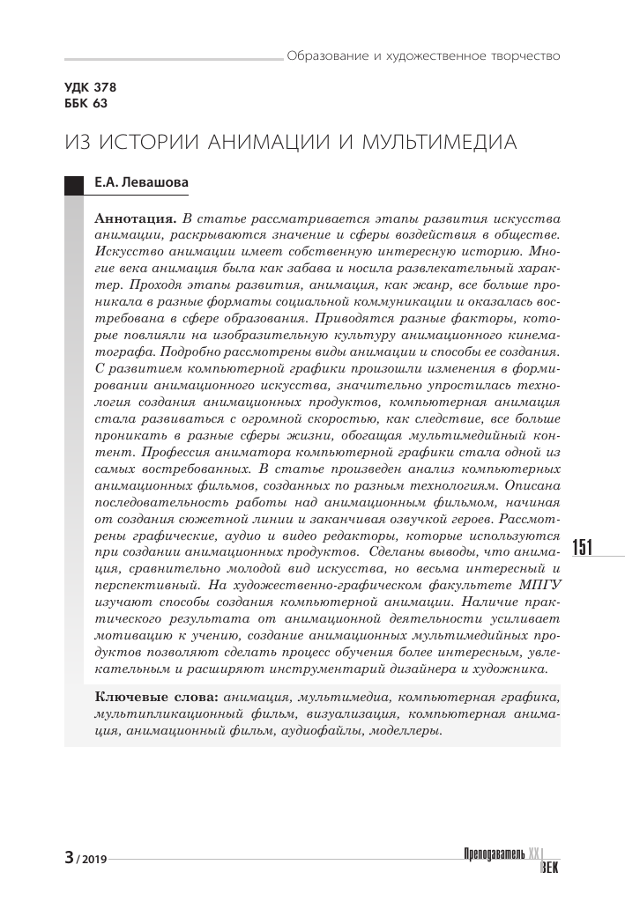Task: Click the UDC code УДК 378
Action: pyautogui.click(x=90, y=88)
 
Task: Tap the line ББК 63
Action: pyautogui.click(x=86, y=104)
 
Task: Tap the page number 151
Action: pyautogui.click(x=584, y=548)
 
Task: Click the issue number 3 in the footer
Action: pyautogui.click(x=69, y=857)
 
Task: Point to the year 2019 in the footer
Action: pyautogui.click(x=92, y=859)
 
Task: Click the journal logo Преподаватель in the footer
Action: pyautogui.click(x=494, y=854)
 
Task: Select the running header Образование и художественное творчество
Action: pyautogui.click(x=423, y=55)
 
